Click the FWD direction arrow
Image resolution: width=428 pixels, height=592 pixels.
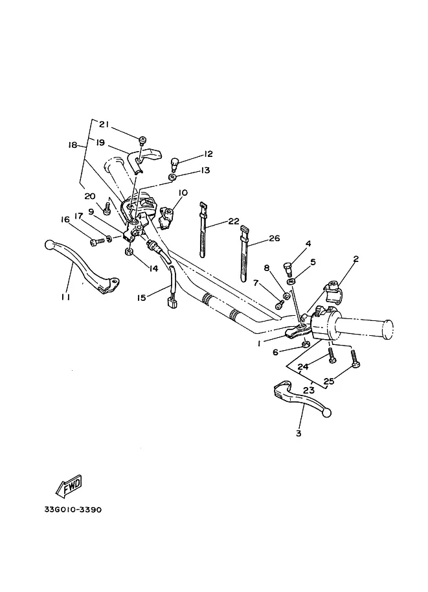click(x=69, y=486)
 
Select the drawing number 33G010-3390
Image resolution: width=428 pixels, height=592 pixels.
click(x=73, y=510)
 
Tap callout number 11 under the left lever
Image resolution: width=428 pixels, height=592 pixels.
click(x=65, y=297)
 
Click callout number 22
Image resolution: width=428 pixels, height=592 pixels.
click(x=234, y=221)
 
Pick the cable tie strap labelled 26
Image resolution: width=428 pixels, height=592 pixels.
click(x=244, y=254)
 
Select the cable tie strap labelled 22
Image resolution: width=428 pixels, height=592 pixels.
click(x=203, y=230)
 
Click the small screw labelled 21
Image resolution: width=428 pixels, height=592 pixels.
click(x=143, y=141)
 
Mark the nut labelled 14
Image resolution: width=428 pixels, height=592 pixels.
click(x=129, y=252)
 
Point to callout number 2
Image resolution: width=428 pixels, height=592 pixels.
click(x=355, y=259)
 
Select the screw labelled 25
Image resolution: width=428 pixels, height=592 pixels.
click(x=354, y=358)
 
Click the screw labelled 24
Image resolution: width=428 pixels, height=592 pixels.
click(x=332, y=355)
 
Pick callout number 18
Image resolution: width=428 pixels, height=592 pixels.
click(x=73, y=145)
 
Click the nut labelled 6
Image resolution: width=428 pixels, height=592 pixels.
click(x=306, y=344)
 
